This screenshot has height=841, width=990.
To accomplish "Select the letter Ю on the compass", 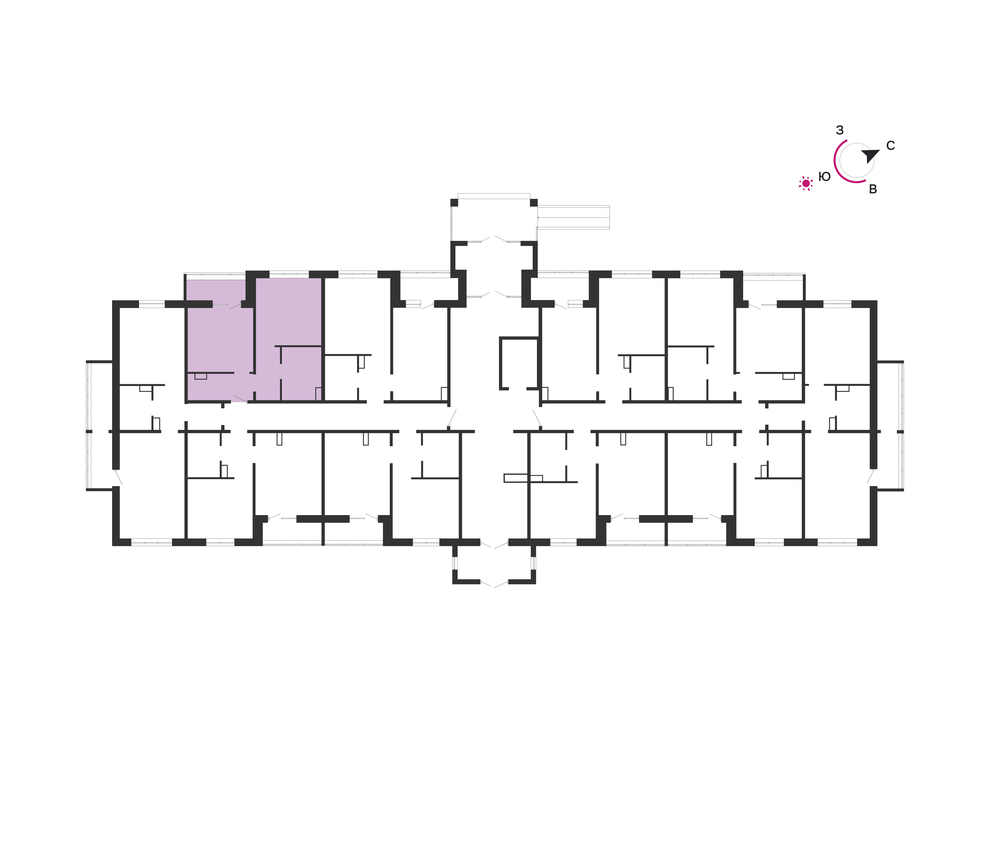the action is pyautogui.click(x=824, y=177).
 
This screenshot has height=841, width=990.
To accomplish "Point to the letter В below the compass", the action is pyautogui.click(x=873, y=189).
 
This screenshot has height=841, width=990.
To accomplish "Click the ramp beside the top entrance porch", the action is pyautogui.click(x=573, y=217).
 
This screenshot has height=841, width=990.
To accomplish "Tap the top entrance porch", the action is pyautogui.click(x=494, y=219).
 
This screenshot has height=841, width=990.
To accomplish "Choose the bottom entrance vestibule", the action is pyautogui.click(x=494, y=563).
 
